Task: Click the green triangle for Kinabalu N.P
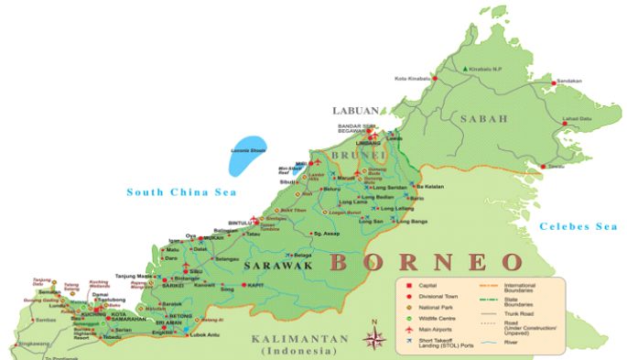[x=466, y=69]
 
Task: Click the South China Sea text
[x=181, y=192]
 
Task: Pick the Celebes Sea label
[x=578, y=225]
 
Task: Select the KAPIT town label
[x=254, y=285]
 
